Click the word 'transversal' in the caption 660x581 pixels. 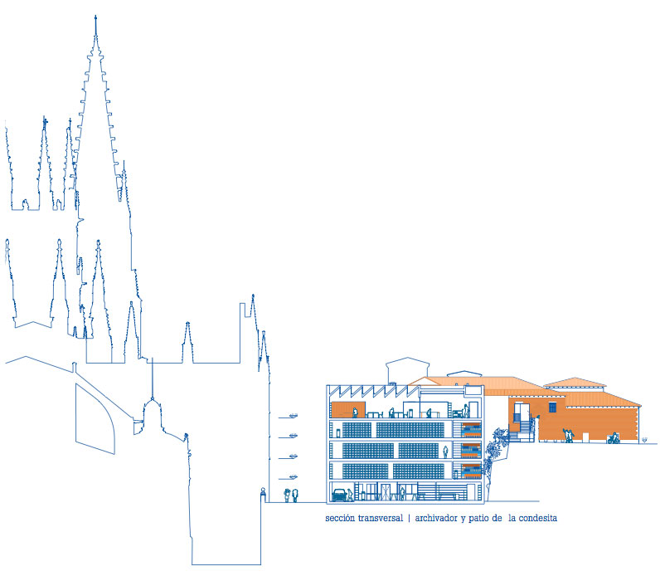[381, 518]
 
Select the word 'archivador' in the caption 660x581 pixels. [436, 518]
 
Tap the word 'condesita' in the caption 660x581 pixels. [537, 518]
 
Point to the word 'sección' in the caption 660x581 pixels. [340, 518]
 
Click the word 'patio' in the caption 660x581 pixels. [478, 518]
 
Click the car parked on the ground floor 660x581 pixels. [339, 495]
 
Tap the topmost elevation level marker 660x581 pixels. [289, 417]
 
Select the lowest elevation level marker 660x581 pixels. [289, 477]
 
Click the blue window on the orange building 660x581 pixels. [553, 408]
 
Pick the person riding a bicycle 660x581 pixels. [613, 438]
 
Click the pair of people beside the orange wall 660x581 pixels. [569, 435]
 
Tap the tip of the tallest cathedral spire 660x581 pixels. [95, 16]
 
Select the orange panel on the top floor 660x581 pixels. [347, 409]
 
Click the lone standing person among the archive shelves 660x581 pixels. [445, 452]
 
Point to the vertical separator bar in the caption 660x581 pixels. [409, 518]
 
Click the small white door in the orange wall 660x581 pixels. [585, 437]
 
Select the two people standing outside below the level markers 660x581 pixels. [291, 496]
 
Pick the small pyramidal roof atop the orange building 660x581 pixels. [575, 382]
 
